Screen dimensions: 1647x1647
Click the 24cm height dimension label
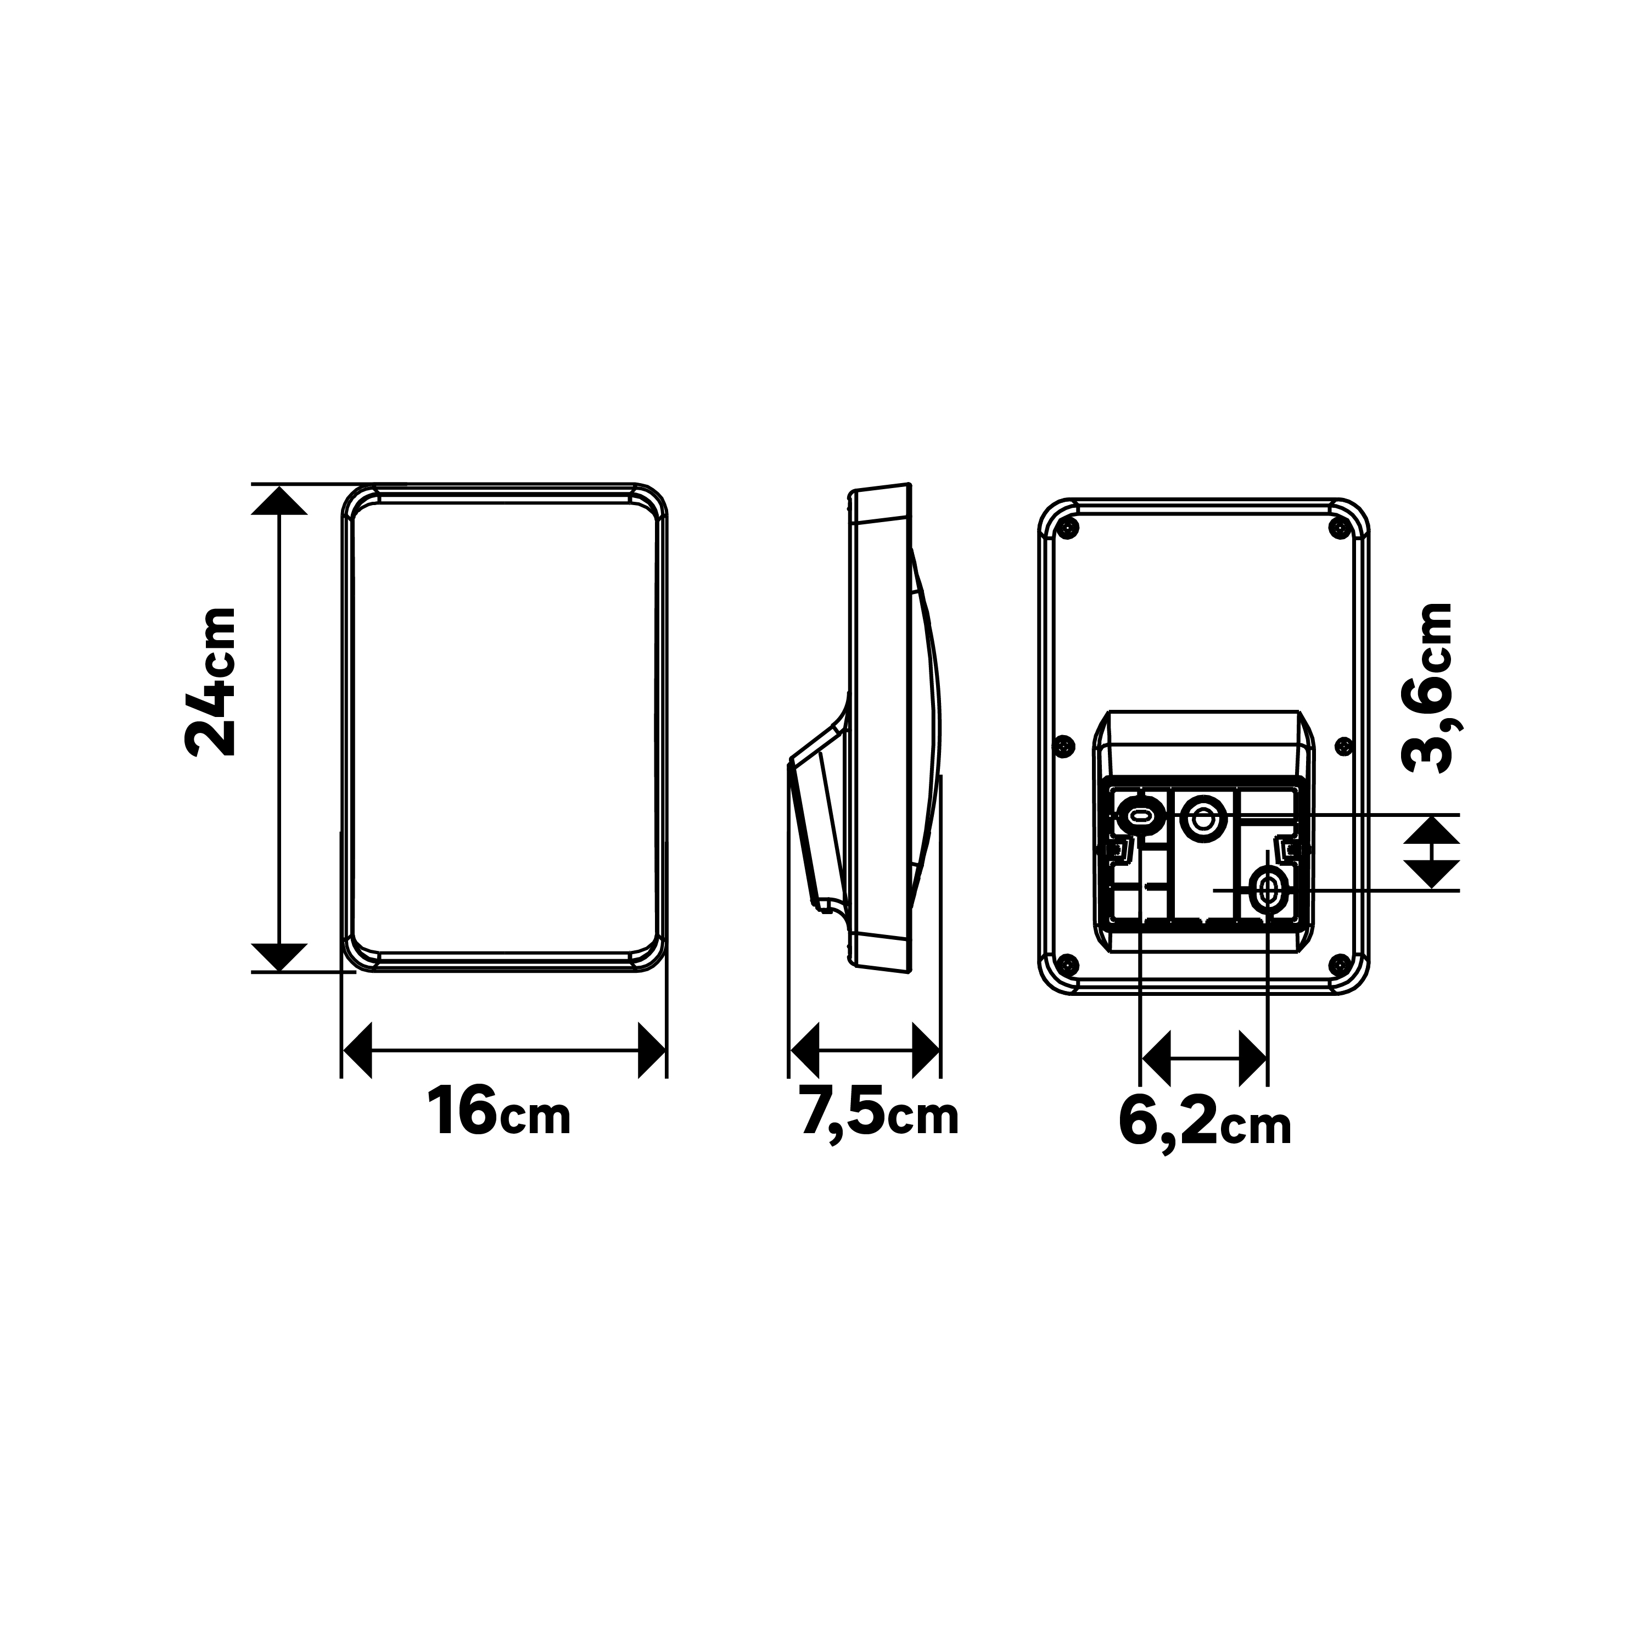coord(210,681)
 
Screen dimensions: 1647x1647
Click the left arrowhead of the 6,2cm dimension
coord(1156,1058)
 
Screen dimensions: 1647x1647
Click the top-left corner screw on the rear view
coord(1067,529)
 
